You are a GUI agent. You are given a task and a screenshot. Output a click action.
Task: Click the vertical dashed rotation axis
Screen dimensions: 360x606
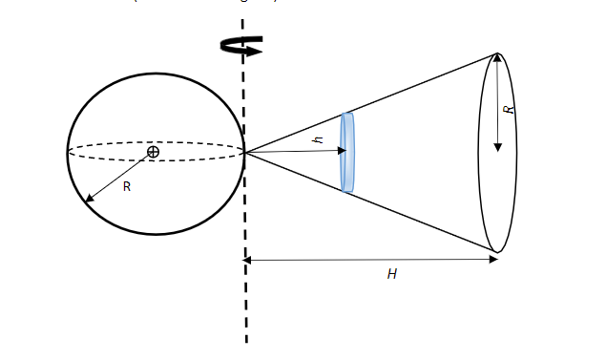pyautogui.click(x=244, y=286)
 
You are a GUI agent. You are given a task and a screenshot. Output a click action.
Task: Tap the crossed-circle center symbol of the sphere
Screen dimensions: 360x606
pyautogui.click(x=153, y=152)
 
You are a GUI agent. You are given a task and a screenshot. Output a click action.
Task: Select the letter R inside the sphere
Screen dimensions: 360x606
pyautogui.click(x=126, y=187)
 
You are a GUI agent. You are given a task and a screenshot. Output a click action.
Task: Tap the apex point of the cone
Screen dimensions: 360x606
pyautogui.click(x=245, y=152)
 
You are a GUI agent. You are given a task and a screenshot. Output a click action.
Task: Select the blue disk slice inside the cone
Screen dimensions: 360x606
pyautogui.click(x=347, y=152)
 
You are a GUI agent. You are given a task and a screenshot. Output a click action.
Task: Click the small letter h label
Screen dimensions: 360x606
pyautogui.click(x=320, y=140)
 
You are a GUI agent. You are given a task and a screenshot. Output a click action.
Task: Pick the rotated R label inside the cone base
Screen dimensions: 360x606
pyautogui.click(x=510, y=110)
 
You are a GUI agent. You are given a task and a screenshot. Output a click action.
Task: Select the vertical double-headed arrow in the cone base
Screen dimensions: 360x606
pyautogui.click(x=497, y=103)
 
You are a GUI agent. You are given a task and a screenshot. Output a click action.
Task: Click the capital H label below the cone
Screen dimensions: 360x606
pyautogui.click(x=391, y=274)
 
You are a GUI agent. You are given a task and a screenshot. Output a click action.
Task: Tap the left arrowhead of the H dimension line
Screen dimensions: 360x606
pyautogui.click(x=248, y=259)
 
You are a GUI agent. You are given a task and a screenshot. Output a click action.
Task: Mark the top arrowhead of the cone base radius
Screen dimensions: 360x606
pyautogui.click(x=497, y=59)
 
